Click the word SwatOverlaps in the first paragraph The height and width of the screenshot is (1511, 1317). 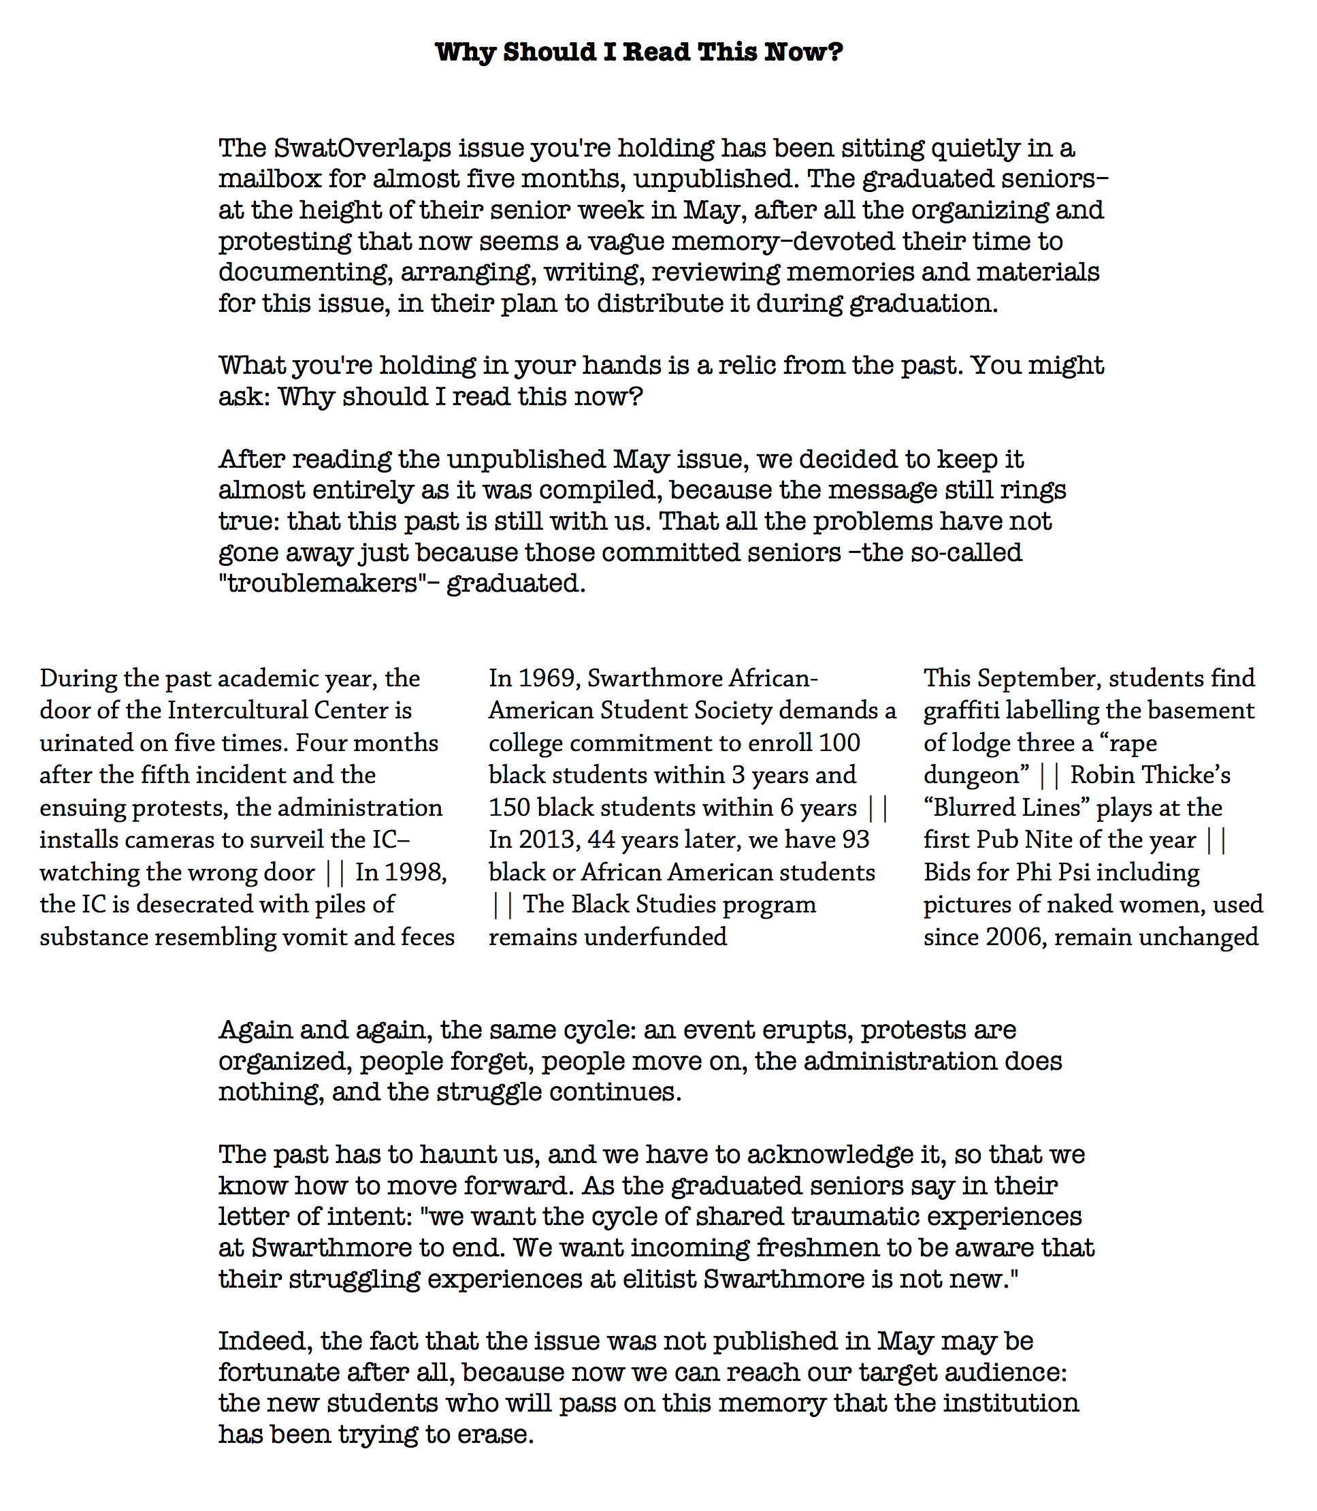tap(362, 148)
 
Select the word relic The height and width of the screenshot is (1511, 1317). tap(735, 366)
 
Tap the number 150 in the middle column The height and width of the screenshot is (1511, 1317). tap(509, 808)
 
